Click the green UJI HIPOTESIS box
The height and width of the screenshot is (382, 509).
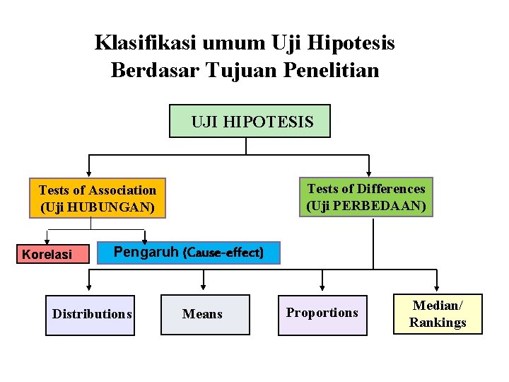coord(250,121)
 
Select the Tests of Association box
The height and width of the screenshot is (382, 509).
coord(98,198)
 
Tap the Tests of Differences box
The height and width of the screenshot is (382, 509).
coord(365,197)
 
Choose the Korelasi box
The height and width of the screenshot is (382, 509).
coord(52,253)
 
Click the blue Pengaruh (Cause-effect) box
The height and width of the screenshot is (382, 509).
coord(187,253)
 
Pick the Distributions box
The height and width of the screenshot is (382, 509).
coord(90,314)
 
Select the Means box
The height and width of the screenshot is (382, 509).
coord(204,314)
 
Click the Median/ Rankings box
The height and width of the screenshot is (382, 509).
coord(438,313)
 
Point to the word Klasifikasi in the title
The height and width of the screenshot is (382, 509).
coord(146,43)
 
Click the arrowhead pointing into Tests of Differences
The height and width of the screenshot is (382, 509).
coord(369,172)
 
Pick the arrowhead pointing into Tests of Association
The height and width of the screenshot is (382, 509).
coord(88,172)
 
